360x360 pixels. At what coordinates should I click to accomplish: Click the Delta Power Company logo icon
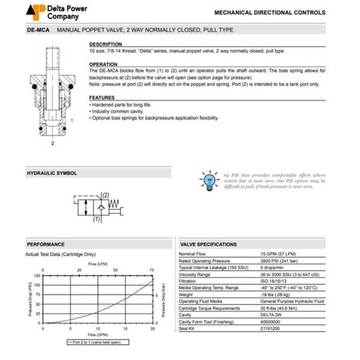point(34,11)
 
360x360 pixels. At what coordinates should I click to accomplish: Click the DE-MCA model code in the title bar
point(38,30)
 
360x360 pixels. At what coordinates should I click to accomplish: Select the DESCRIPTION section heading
point(105,45)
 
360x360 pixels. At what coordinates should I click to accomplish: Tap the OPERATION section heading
point(103,64)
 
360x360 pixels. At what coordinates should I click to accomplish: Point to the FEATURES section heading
point(102,98)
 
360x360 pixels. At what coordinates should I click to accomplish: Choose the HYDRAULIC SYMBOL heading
point(51,173)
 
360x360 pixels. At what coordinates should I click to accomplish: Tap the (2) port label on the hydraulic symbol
point(106,195)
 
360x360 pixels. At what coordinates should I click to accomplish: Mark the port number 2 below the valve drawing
point(52,143)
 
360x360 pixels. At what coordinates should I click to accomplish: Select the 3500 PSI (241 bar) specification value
point(281,261)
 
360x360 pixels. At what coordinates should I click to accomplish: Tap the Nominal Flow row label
point(192,254)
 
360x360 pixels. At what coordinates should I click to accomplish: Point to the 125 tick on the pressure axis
point(37,276)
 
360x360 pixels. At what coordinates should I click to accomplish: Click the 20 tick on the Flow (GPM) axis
point(153,328)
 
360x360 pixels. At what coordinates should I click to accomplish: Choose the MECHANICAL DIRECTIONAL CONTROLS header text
point(269,12)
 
